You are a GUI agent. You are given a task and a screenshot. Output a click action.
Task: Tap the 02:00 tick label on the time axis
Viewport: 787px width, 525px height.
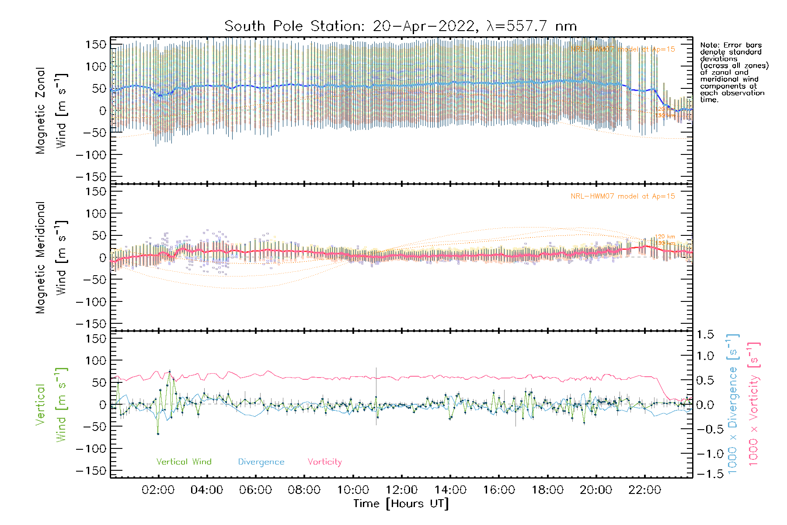tap(158, 490)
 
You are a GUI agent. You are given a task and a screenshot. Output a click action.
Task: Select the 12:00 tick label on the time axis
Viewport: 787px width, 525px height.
tap(401, 490)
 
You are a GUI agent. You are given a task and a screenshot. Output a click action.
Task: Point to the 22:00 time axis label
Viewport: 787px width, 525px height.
tap(644, 490)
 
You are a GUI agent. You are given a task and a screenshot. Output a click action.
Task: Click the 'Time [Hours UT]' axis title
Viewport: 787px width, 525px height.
tap(401, 504)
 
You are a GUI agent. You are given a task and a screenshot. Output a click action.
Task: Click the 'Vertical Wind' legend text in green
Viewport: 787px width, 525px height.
tap(184, 462)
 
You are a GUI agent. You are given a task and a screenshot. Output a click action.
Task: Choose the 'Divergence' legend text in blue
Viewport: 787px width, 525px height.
tap(261, 462)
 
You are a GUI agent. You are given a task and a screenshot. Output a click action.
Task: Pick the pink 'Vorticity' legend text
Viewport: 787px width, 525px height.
tap(324, 462)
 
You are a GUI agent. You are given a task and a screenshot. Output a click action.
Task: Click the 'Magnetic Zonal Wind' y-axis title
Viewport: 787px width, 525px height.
tap(51, 111)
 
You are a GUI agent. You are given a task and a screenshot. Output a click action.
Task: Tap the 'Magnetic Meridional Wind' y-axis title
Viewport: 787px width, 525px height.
tap(51, 258)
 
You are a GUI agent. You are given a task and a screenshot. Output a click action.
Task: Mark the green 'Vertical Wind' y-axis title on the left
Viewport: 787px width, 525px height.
tap(51, 405)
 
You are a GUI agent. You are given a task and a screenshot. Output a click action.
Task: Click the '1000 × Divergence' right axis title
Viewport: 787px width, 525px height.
tap(732, 404)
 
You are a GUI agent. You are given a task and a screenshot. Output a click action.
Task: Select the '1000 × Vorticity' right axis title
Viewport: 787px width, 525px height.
tap(753, 404)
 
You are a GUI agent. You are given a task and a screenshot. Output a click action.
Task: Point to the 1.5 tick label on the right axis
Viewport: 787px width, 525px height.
tap(705, 335)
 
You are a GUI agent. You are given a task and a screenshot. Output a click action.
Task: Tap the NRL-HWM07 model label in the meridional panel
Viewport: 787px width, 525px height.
tap(623, 196)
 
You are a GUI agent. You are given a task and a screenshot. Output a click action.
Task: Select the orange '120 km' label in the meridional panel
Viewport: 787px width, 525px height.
tap(665, 237)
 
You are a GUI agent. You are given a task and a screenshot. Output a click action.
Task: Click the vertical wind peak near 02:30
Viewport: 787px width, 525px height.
tap(170, 372)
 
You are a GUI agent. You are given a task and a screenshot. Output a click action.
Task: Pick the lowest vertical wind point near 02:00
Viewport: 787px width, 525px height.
tap(158, 434)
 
